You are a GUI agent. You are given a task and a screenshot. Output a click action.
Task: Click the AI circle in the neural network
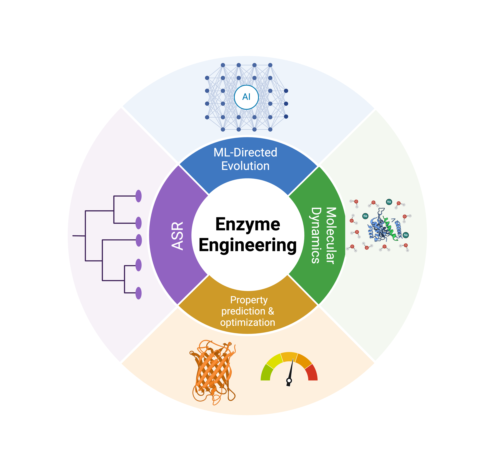point(246,97)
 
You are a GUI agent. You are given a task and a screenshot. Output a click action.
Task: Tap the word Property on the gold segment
point(249,300)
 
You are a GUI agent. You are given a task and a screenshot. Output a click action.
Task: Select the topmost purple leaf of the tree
point(138,196)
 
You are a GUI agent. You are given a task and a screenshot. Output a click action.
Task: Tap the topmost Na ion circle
point(389,202)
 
